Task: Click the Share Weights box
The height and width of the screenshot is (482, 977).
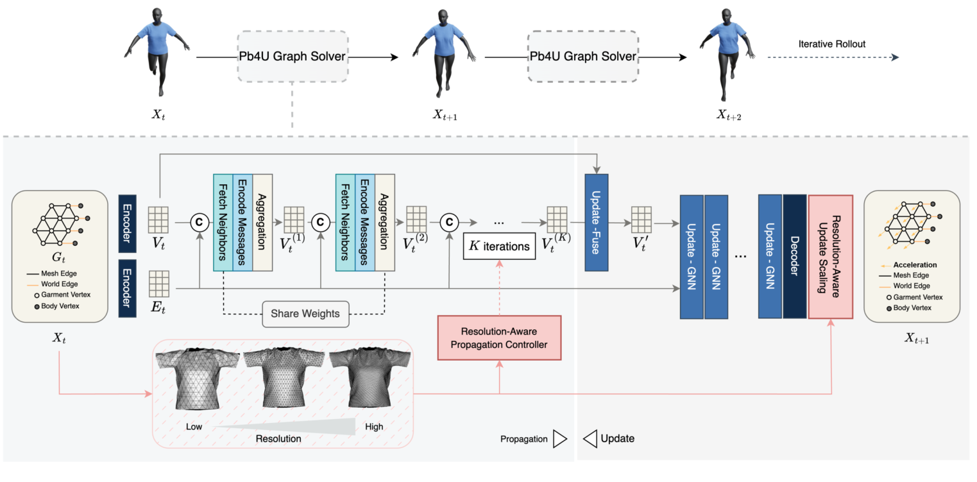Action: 305,314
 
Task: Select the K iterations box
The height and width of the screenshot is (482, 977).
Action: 499,246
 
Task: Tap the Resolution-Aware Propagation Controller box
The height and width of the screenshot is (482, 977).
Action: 499,338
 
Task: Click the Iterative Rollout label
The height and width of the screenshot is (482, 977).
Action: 831,44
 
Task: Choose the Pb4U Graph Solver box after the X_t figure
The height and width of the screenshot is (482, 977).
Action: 293,56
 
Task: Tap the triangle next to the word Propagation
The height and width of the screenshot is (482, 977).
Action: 560,439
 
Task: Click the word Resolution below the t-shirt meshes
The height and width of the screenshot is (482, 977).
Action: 278,439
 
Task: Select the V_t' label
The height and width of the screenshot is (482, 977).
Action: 641,245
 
